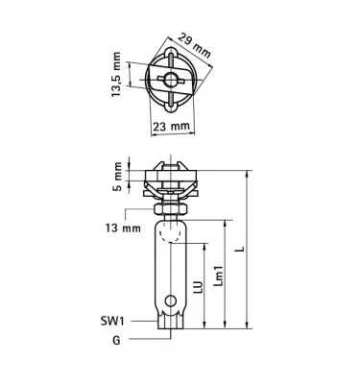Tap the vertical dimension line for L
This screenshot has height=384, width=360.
249,250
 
